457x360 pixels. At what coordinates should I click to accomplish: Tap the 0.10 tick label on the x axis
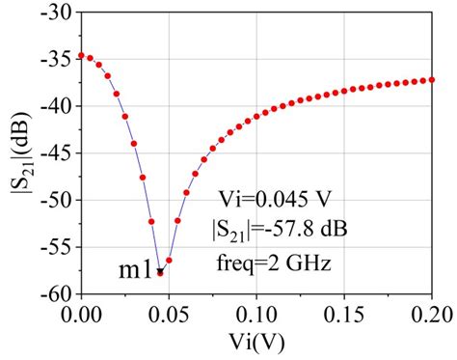[x=256, y=314]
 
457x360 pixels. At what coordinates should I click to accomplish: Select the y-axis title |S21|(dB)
[x=18, y=153]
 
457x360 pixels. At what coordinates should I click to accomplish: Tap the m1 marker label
[x=135, y=271]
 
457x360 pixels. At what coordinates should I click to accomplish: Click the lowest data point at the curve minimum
[x=160, y=273]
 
